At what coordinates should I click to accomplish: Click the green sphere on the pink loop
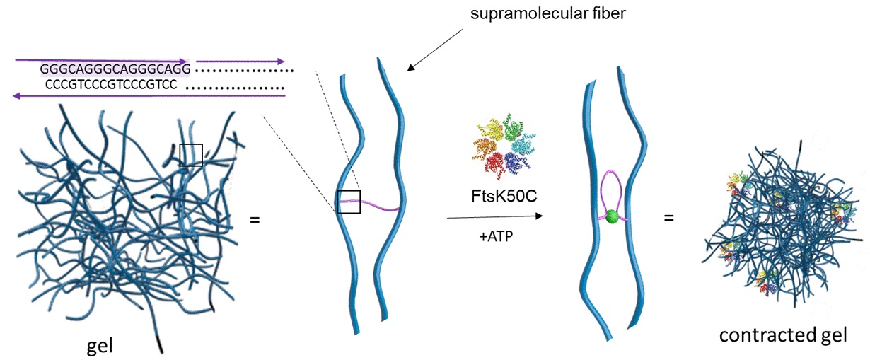[613, 214]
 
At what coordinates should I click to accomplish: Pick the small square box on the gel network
[190, 155]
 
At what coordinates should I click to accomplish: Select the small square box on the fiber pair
[349, 202]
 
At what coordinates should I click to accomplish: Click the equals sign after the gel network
[255, 219]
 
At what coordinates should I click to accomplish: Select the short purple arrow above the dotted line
[241, 61]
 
